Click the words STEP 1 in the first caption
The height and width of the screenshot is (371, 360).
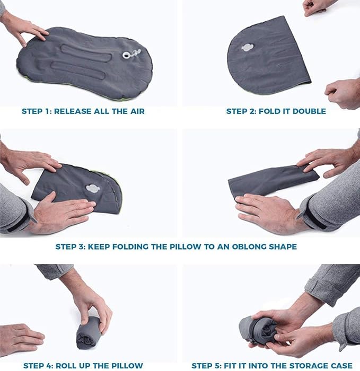35,111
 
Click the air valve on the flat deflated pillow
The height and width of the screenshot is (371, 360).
128,55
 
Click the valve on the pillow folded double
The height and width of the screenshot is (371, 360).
248,47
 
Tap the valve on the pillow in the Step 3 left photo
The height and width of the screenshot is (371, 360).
91,189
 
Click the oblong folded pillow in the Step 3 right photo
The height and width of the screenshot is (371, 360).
270,180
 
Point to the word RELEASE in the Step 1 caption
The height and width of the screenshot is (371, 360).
74,111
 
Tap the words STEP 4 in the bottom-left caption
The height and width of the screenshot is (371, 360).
37,365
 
